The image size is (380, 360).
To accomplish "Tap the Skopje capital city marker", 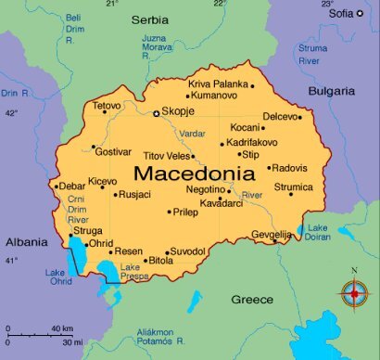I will [x=156, y=113].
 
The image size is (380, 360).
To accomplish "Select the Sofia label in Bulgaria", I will [x=340, y=13].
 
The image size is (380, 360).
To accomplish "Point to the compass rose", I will [x=352, y=294].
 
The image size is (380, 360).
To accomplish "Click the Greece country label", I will [x=252, y=300].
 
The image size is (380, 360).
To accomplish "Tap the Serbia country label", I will [x=151, y=18].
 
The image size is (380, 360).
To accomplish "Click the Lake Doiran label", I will [x=319, y=233].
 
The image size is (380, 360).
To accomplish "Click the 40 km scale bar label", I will [x=62, y=328].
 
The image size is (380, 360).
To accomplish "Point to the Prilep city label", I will [x=186, y=212].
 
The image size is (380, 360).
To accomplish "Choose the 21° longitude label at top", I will [x=112, y=5].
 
